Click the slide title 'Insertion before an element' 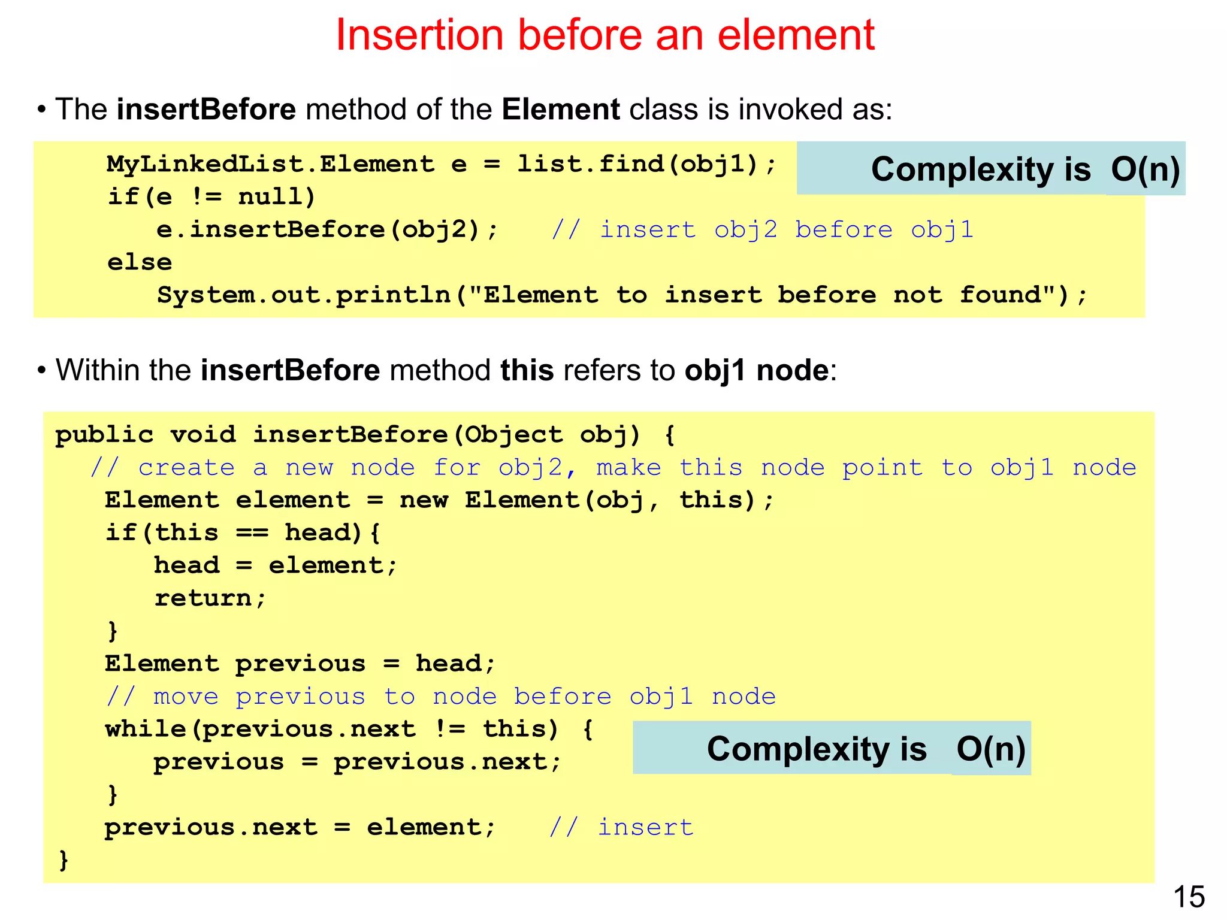pyautogui.click(x=605, y=35)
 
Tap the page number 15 pyautogui.click(x=1189, y=897)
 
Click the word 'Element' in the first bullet pyautogui.click(x=560, y=110)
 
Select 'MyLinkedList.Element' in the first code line pyautogui.click(x=270, y=164)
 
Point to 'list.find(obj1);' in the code pyautogui.click(x=646, y=164)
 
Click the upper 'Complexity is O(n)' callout pyautogui.click(x=991, y=169)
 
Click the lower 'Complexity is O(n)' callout pyautogui.click(x=832, y=749)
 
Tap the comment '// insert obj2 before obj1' pyautogui.click(x=762, y=230)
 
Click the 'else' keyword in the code pyautogui.click(x=140, y=262)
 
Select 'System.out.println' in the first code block pyautogui.click(x=303, y=295)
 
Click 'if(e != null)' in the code pyautogui.click(x=211, y=197)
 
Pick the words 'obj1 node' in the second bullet pyautogui.click(x=757, y=370)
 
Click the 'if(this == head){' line pyautogui.click(x=243, y=532)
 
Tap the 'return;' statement pyautogui.click(x=210, y=598)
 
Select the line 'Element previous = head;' pyautogui.click(x=300, y=664)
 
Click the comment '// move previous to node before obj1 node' pyautogui.click(x=441, y=697)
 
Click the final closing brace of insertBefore pyautogui.click(x=64, y=860)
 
